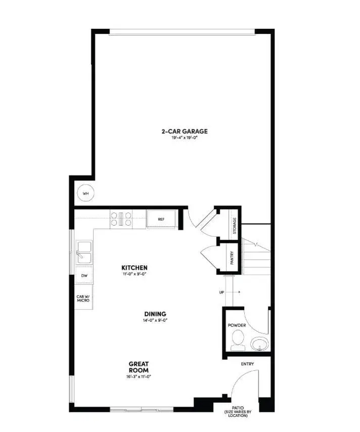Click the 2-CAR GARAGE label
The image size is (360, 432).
185,132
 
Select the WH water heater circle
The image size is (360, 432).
85,193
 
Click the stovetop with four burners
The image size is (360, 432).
121,219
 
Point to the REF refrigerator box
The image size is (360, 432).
161,220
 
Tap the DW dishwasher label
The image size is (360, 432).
83,276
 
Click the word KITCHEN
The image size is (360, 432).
134,267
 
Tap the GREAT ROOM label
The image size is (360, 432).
138,366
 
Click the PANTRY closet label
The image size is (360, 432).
232,258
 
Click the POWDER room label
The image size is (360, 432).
237,325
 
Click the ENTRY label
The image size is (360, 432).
248,364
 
